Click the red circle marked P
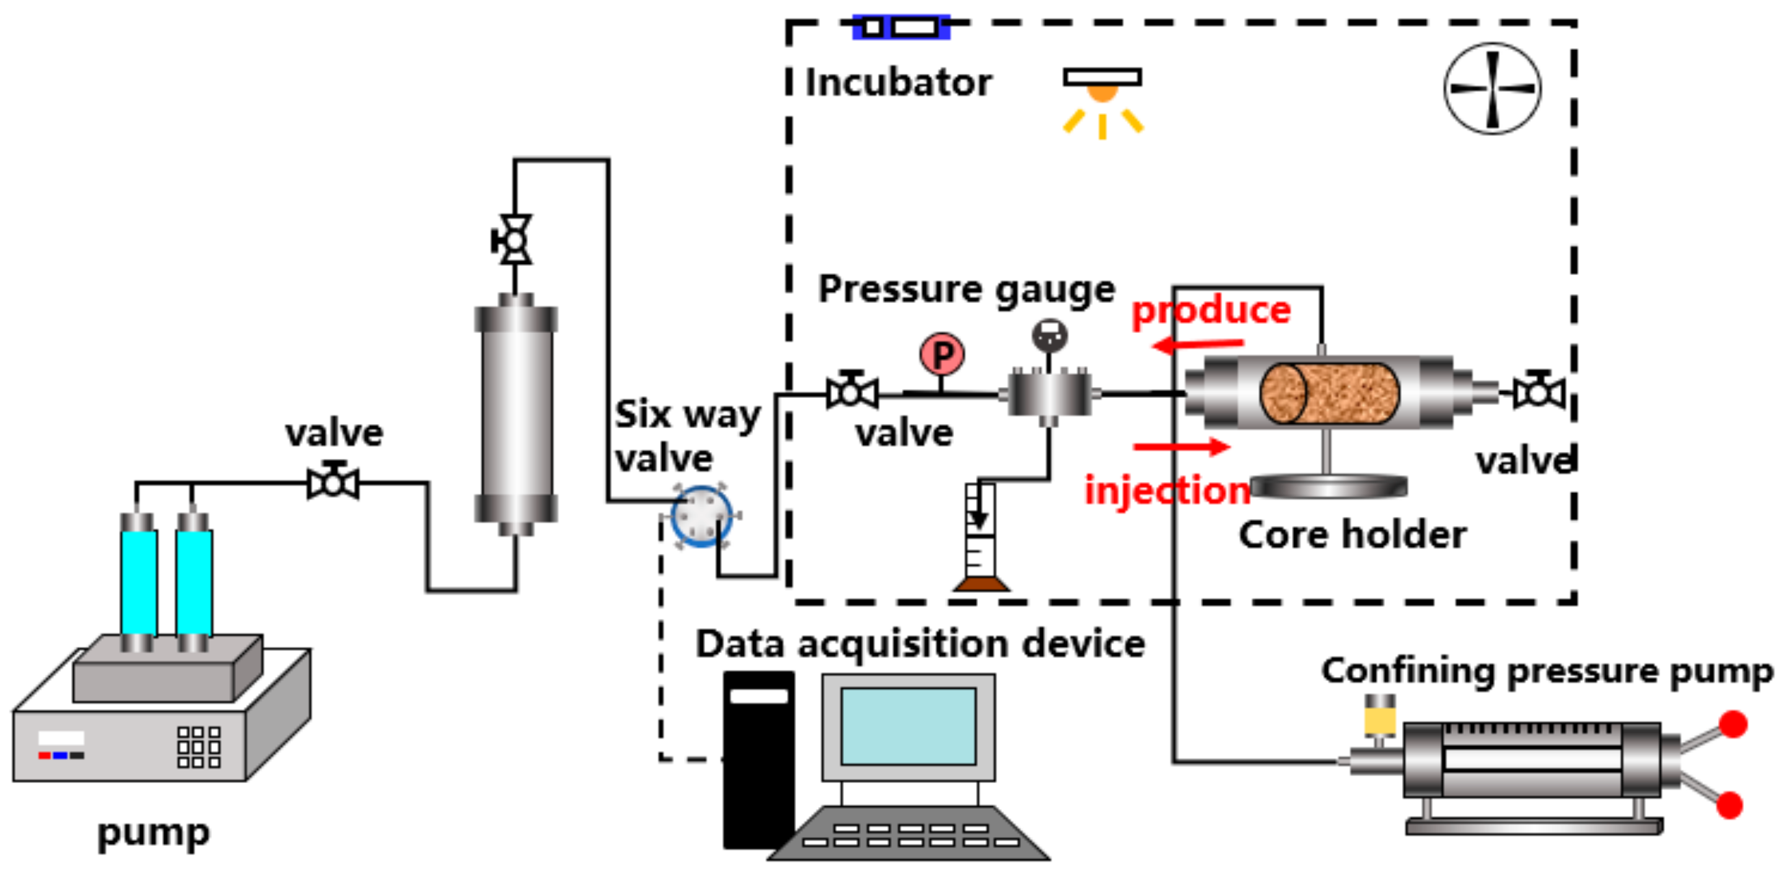click(x=942, y=355)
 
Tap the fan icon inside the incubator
click(x=1492, y=88)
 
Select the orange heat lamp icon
click(x=1102, y=91)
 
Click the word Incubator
click(x=898, y=83)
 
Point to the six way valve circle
click(x=701, y=516)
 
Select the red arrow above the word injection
click(x=1182, y=447)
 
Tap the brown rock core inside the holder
click(x=1328, y=393)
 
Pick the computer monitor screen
click(x=908, y=726)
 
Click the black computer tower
click(x=758, y=759)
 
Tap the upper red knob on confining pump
click(x=1733, y=724)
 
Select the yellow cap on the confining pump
click(x=1379, y=718)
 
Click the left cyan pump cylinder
click(x=139, y=582)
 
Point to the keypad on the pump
click(x=198, y=746)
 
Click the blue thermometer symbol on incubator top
click(x=900, y=27)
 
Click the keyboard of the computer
click(x=909, y=834)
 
